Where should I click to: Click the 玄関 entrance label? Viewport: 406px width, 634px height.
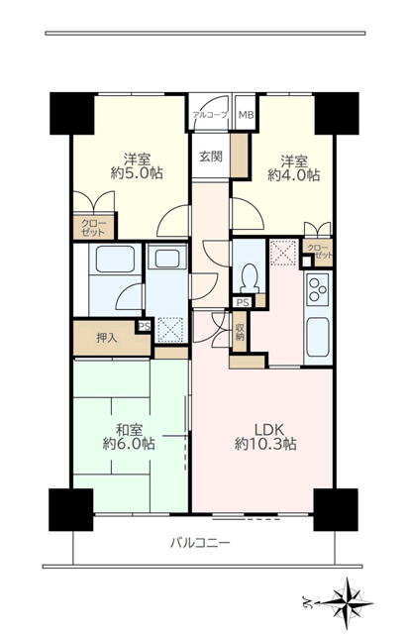(x=211, y=157)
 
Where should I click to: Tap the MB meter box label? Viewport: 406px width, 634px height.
(x=246, y=115)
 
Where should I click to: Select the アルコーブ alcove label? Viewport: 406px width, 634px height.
(x=210, y=115)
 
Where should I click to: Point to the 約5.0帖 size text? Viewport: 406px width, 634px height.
(x=137, y=173)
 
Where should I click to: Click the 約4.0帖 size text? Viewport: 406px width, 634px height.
(x=294, y=175)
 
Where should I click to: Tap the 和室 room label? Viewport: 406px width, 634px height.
(x=130, y=429)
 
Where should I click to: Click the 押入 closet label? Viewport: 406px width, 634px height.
(x=107, y=338)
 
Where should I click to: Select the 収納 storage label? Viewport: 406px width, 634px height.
(x=240, y=331)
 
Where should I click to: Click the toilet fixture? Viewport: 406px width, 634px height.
(x=250, y=278)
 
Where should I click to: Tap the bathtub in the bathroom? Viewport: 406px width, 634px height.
(x=115, y=260)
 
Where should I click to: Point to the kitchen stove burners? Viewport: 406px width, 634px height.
(x=318, y=289)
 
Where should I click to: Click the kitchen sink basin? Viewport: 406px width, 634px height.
(x=318, y=337)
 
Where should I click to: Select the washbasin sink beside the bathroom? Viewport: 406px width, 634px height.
(x=167, y=259)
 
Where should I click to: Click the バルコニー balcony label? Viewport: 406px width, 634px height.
(x=200, y=543)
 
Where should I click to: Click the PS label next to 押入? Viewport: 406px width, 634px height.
(x=145, y=326)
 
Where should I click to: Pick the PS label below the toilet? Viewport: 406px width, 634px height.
(x=243, y=302)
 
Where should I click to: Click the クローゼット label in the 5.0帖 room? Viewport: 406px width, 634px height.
(x=93, y=228)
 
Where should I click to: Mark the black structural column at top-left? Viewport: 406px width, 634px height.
(x=72, y=114)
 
